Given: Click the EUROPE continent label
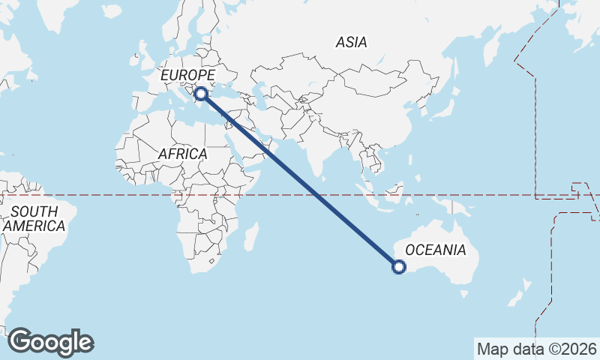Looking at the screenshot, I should pyautogui.click(x=188, y=76).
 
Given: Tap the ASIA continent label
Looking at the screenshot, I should pyautogui.click(x=351, y=43).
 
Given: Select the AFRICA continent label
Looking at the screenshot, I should pyautogui.click(x=182, y=154).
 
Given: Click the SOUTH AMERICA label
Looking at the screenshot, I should pyautogui.click(x=34, y=219).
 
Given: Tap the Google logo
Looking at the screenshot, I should pyautogui.click(x=51, y=342).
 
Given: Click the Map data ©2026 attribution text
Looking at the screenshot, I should pyautogui.click(x=536, y=349).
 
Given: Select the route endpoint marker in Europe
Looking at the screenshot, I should pyautogui.click(x=201, y=94).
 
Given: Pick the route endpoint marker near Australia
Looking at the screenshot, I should pyautogui.click(x=399, y=266).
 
